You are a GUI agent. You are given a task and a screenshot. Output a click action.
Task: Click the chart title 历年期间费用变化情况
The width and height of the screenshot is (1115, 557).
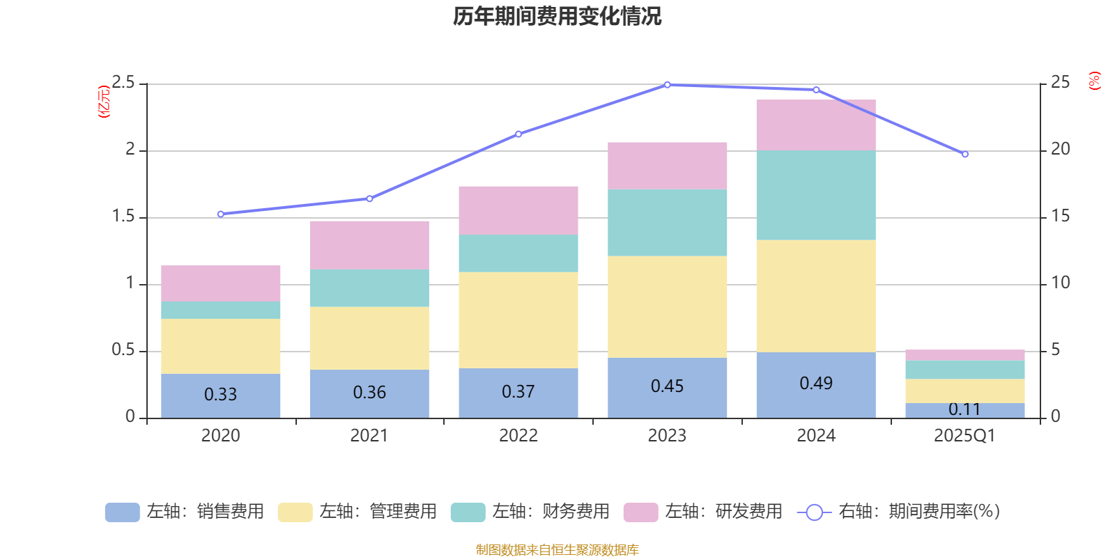tap(557, 16)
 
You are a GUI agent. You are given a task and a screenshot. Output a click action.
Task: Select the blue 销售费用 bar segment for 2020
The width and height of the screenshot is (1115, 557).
tap(221, 395)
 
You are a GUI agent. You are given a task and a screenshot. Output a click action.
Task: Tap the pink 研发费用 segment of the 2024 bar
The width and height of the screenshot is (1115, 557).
tap(816, 125)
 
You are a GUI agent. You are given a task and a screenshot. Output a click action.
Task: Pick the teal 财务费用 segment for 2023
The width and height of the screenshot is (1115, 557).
tap(667, 223)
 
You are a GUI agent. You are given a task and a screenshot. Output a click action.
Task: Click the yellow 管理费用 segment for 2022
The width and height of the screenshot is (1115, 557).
tap(518, 320)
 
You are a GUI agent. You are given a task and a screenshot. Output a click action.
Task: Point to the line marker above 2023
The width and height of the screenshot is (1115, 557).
tap(667, 85)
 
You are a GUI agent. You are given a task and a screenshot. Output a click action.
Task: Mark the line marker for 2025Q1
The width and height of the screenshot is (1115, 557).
tap(965, 155)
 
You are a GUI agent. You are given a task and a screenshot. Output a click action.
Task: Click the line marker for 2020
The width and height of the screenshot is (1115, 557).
tap(221, 214)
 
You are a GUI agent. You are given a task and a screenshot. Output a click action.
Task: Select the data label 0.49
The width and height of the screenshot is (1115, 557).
tap(816, 384)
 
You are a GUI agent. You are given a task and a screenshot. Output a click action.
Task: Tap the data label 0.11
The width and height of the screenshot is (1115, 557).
tap(964, 409)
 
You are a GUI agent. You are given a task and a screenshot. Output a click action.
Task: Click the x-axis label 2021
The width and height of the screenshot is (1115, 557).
tap(369, 436)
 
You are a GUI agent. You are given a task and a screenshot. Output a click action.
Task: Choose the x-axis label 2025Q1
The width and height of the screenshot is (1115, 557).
tap(964, 436)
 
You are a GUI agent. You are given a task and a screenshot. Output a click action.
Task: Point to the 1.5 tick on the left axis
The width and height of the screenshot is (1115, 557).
tap(124, 217)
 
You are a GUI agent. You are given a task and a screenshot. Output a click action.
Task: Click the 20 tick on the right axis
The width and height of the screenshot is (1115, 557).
tap(1060, 149)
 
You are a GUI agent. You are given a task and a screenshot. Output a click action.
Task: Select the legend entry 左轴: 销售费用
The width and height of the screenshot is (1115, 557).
tap(185, 512)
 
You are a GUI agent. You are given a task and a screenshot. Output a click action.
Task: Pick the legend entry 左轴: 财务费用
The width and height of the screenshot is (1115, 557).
tap(530, 512)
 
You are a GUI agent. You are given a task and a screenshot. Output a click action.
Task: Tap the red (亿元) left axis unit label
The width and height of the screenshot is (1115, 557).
tap(104, 102)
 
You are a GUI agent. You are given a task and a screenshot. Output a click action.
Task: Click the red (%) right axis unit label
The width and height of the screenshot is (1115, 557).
tap(1094, 81)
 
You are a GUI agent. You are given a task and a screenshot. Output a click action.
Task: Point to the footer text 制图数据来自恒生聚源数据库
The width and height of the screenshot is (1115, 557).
tap(557, 550)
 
